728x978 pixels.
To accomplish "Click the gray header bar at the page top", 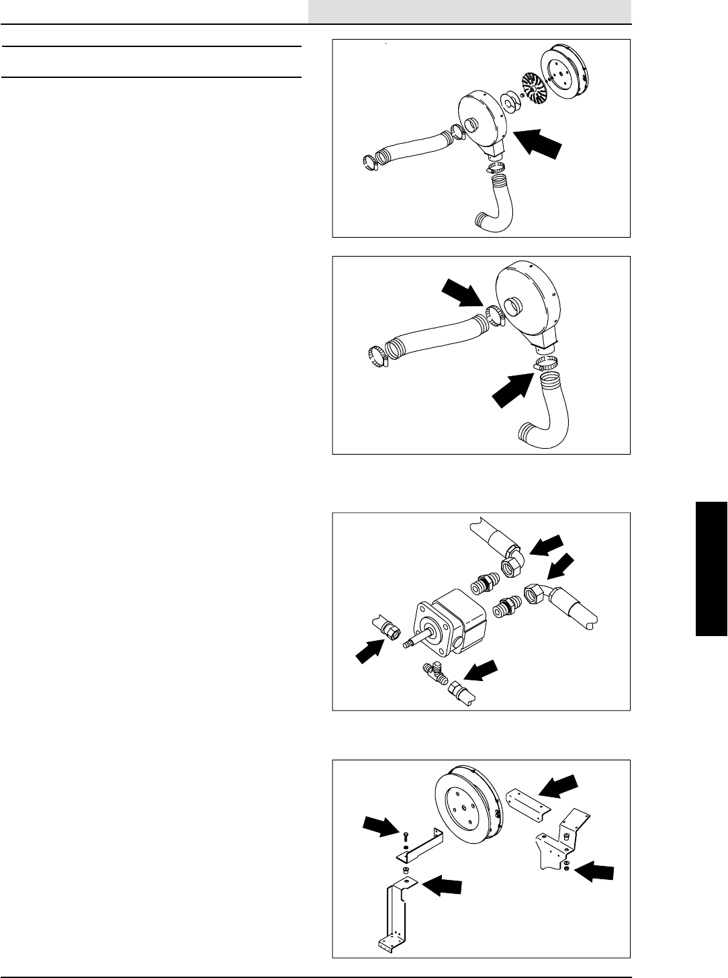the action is point(470,11).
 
